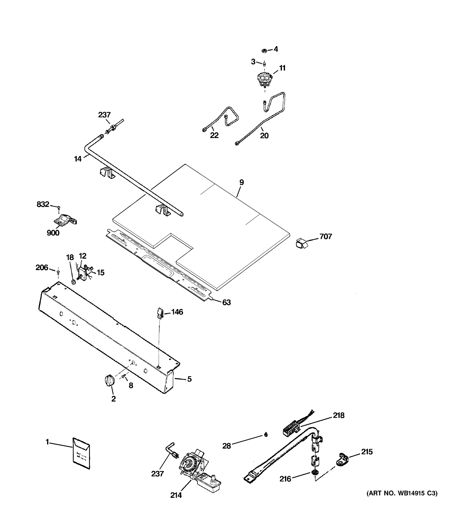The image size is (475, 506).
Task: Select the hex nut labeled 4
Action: click(x=265, y=51)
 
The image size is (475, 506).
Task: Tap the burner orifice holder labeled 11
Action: click(x=265, y=80)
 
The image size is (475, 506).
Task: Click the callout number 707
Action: click(x=326, y=237)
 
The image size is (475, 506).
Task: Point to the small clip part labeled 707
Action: click(x=301, y=243)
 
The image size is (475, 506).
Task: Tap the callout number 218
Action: click(x=338, y=415)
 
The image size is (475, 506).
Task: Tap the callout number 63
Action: click(x=226, y=302)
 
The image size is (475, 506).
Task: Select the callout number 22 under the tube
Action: click(x=214, y=135)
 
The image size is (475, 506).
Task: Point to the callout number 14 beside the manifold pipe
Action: click(x=77, y=159)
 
